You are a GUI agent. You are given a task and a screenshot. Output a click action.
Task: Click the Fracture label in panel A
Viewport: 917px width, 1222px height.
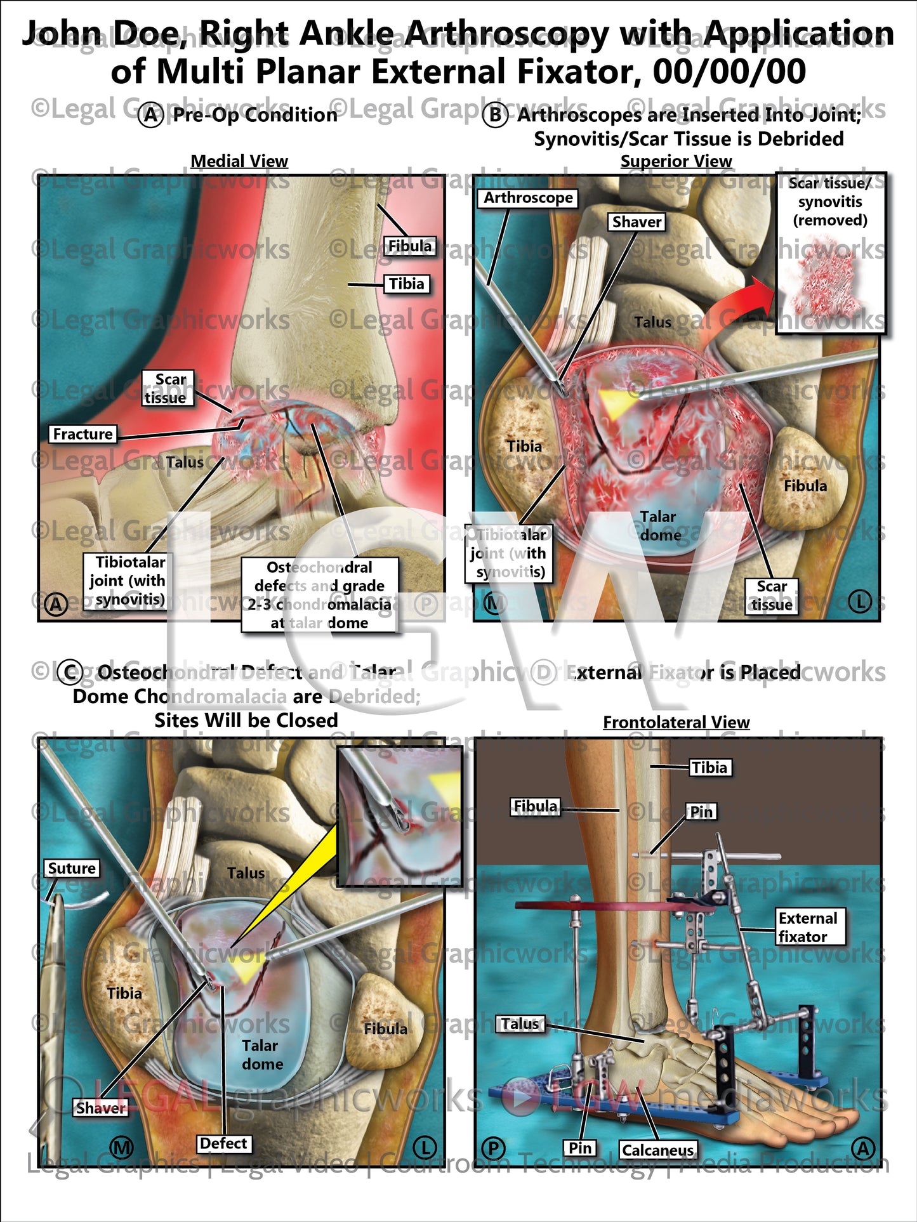(82, 434)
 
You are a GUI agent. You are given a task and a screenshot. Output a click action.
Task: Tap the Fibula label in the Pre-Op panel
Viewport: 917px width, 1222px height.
(409, 246)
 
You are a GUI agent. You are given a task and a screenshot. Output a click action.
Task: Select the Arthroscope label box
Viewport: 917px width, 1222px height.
(528, 198)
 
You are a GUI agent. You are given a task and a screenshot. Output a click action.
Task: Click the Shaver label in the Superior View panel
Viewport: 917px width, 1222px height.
(637, 221)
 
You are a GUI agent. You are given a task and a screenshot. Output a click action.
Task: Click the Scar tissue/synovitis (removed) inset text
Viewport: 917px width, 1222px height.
(829, 202)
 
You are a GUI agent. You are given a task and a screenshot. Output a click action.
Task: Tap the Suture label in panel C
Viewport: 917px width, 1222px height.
(72, 868)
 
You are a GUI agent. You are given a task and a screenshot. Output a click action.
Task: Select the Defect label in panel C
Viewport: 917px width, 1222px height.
(223, 1143)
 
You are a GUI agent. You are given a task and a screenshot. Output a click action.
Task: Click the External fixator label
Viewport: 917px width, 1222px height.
(808, 927)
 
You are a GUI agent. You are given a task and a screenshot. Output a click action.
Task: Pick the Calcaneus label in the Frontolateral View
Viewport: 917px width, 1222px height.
(657, 1150)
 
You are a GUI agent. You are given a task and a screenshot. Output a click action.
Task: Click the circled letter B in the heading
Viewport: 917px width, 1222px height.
(495, 115)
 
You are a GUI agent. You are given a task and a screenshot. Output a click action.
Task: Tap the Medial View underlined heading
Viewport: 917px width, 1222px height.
(239, 161)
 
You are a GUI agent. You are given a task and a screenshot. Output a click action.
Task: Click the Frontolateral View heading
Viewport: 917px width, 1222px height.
(676, 722)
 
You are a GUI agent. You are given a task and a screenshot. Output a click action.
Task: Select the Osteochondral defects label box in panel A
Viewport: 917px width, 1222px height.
(319, 595)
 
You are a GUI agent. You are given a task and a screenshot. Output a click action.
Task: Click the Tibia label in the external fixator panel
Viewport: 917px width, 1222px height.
(709, 768)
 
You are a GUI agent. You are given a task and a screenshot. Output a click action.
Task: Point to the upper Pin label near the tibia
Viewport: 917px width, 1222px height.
(701, 811)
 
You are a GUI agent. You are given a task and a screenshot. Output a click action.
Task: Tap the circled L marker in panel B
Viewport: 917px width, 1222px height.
(860, 601)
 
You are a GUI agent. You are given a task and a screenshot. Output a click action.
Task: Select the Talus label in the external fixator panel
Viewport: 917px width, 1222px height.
(520, 1024)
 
